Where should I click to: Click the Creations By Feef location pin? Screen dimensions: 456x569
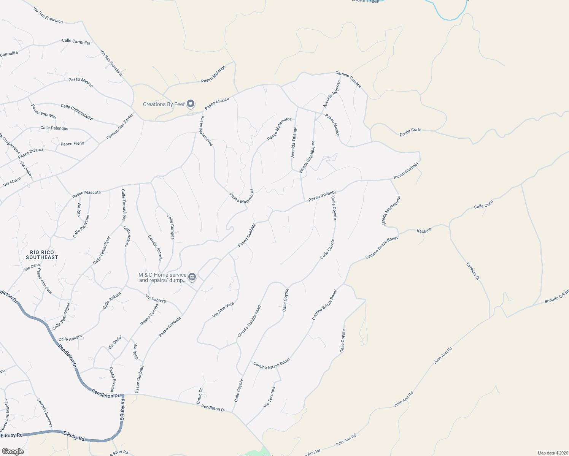(191, 104)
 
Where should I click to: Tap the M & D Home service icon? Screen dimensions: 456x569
(192, 277)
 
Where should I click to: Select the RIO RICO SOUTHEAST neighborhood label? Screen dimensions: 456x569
(42, 255)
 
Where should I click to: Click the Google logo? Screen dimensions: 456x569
(13, 451)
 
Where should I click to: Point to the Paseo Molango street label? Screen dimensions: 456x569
(213, 74)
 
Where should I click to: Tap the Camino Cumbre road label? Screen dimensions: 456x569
(348, 79)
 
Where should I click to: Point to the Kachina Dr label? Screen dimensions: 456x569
(473, 271)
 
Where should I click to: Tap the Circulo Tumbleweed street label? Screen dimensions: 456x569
(249, 321)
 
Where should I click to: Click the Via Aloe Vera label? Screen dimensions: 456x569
(223, 310)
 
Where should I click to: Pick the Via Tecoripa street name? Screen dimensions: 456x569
(269, 397)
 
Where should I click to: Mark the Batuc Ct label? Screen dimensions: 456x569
(199, 396)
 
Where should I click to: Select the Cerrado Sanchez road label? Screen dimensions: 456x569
(45, 413)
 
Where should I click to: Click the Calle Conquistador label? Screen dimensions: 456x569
(77, 112)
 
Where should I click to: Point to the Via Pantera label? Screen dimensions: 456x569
(156, 299)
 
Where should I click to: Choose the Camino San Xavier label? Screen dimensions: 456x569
(120, 127)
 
